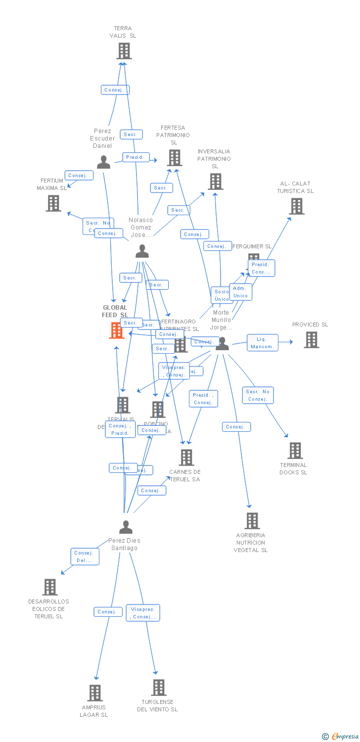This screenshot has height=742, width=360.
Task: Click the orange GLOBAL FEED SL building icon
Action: click(x=117, y=330)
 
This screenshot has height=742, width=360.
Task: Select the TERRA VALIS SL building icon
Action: click(x=124, y=51)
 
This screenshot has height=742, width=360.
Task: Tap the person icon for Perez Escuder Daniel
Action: click(x=103, y=162)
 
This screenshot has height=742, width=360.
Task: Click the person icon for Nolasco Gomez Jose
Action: click(x=142, y=251)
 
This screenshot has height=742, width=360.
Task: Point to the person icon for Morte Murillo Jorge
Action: click(x=223, y=343)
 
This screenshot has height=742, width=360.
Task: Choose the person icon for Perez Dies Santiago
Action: click(x=126, y=527)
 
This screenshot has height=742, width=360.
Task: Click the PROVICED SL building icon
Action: click(x=311, y=340)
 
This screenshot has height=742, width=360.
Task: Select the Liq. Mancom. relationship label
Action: click(x=262, y=343)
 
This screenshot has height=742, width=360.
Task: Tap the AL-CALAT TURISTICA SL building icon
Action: click(x=296, y=206)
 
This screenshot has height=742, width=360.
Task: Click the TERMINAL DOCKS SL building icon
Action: click(x=295, y=451)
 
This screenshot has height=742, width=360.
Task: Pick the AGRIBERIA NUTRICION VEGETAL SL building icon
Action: click(x=252, y=521)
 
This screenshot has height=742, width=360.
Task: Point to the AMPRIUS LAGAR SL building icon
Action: click(x=95, y=693)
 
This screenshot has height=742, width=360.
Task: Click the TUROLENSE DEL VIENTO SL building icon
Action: click(x=158, y=688)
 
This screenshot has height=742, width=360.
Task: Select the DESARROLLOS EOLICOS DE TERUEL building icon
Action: click(x=50, y=587)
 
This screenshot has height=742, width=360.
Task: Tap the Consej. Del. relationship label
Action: click(x=85, y=556)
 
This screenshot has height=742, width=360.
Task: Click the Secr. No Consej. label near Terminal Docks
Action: click(x=258, y=395)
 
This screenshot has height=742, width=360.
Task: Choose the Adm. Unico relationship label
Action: click(x=240, y=292)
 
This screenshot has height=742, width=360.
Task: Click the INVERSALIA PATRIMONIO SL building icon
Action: click(x=215, y=182)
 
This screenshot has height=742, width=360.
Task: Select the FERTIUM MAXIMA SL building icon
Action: click(x=53, y=203)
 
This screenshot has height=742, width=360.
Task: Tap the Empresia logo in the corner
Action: click(x=341, y=737)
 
